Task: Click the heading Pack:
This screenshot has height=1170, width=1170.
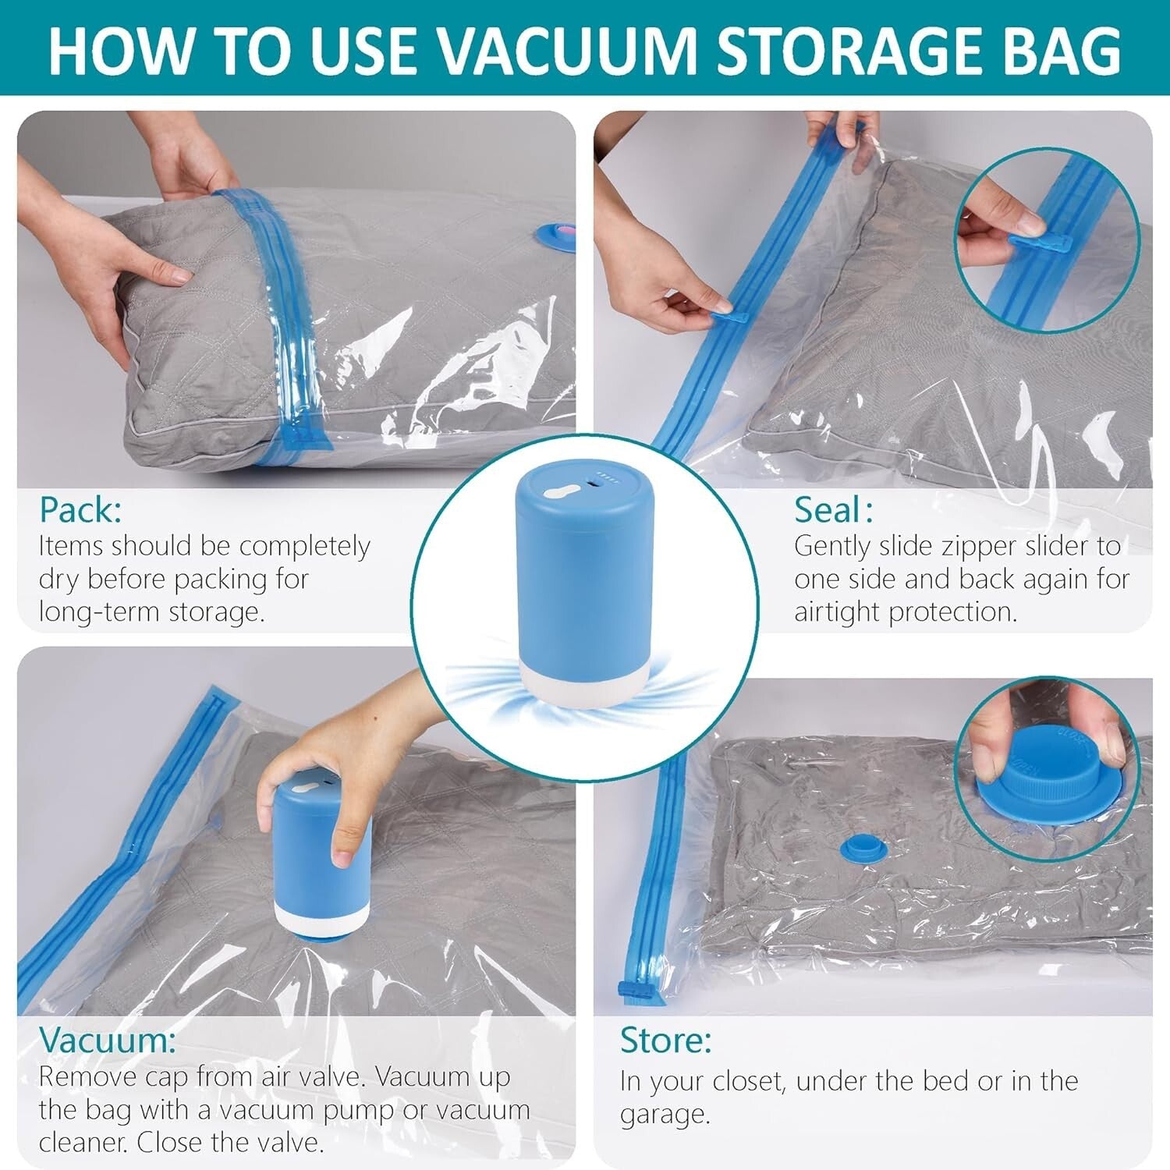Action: tap(80, 510)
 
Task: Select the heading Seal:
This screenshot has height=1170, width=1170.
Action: tap(833, 510)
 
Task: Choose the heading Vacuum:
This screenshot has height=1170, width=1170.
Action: tap(108, 1040)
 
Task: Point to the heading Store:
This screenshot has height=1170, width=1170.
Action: tap(665, 1040)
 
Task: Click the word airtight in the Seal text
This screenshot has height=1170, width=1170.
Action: tap(836, 612)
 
